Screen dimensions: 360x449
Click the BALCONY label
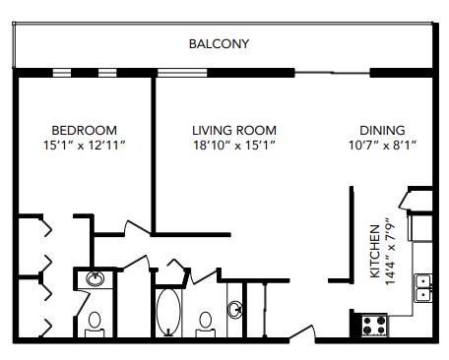[219, 44]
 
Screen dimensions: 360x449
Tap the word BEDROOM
[84, 130]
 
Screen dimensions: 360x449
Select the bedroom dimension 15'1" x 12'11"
[84, 146]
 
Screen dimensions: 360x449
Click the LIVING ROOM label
[233, 130]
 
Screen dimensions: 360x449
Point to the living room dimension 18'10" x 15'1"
[233, 146]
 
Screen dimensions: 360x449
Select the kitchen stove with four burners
[373, 322]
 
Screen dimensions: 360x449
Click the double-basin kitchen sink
[424, 286]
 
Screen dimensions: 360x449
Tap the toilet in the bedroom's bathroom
[95, 321]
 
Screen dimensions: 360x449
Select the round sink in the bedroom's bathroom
[95, 279]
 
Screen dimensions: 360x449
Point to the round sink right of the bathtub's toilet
[235, 311]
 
